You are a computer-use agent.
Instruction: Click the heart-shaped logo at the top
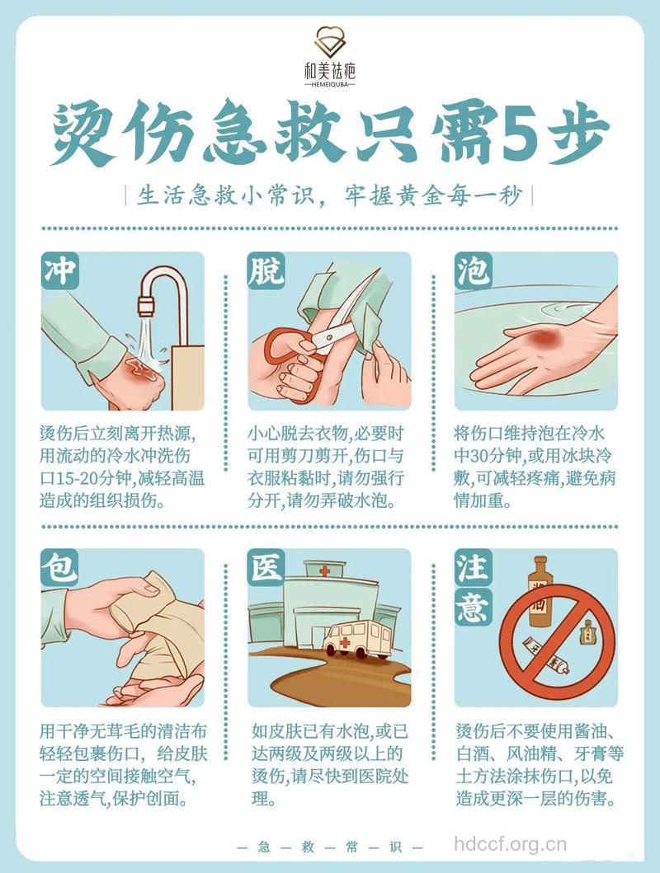click(x=329, y=42)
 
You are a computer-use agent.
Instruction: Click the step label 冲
click(x=59, y=271)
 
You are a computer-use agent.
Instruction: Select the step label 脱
click(x=266, y=271)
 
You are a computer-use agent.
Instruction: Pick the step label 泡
click(x=473, y=271)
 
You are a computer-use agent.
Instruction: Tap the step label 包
click(x=59, y=568)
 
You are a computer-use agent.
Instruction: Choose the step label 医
click(x=266, y=568)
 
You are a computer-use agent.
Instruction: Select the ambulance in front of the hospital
click(x=356, y=639)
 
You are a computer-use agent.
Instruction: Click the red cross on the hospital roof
click(x=324, y=570)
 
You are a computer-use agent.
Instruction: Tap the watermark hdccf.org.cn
click(x=511, y=843)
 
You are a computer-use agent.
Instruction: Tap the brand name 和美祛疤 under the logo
click(x=329, y=72)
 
